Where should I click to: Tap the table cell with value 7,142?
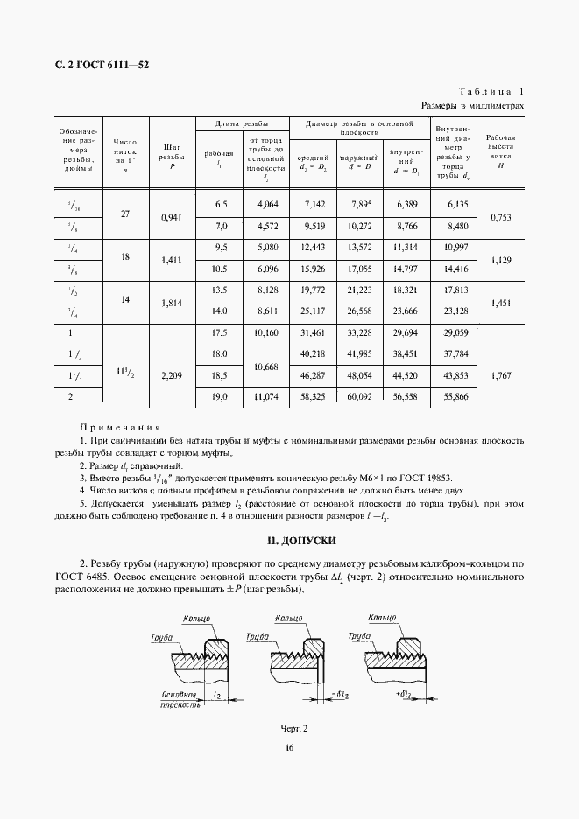(x=314, y=204)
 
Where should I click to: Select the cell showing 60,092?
(x=360, y=396)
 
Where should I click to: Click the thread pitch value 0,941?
(x=172, y=215)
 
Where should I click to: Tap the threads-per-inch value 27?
(x=124, y=213)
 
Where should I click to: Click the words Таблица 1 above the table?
(x=491, y=92)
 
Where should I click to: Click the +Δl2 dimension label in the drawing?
(x=406, y=694)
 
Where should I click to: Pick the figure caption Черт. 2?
(x=294, y=727)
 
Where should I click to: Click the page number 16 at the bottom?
(x=289, y=747)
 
